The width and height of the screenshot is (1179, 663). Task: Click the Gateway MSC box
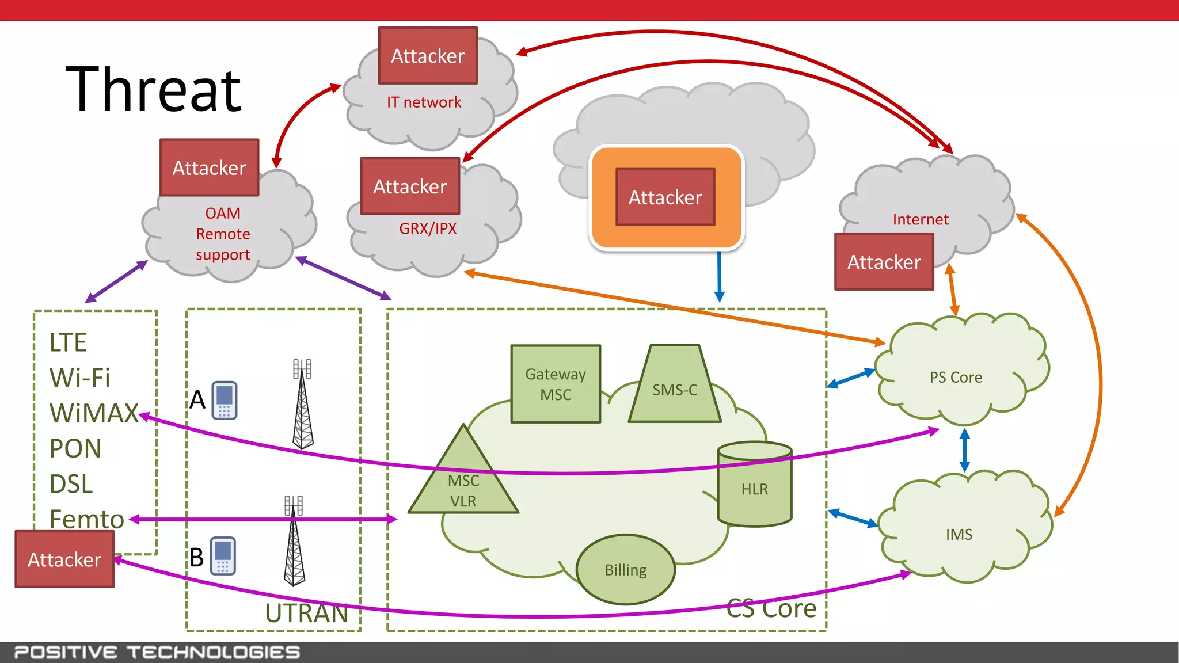coord(556,384)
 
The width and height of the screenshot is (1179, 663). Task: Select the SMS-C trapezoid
coord(675,390)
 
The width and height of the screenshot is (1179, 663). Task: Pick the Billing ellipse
coord(625,570)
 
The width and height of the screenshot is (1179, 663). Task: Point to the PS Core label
coord(956,378)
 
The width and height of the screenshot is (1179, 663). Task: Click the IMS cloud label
coord(959,535)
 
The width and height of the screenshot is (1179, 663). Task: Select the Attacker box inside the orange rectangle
coord(665,197)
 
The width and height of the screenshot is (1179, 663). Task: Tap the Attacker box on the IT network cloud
coord(428,56)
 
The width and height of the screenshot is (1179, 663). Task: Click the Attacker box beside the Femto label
coord(64,559)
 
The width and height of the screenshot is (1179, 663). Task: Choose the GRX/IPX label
coord(428,228)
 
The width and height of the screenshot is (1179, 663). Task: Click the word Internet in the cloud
coord(921,219)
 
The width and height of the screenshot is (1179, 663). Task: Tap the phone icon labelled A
coord(225,400)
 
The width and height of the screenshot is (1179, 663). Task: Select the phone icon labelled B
coord(223,556)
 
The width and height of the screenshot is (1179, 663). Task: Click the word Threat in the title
coord(154,90)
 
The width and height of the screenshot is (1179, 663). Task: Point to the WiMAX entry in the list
coord(94,413)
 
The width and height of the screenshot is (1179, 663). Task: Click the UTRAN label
coord(307,614)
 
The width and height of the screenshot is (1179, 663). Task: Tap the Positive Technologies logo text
coord(157,653)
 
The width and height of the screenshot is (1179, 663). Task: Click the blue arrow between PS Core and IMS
coord(965,450)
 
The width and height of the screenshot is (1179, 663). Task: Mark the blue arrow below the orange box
coord(719,276)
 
